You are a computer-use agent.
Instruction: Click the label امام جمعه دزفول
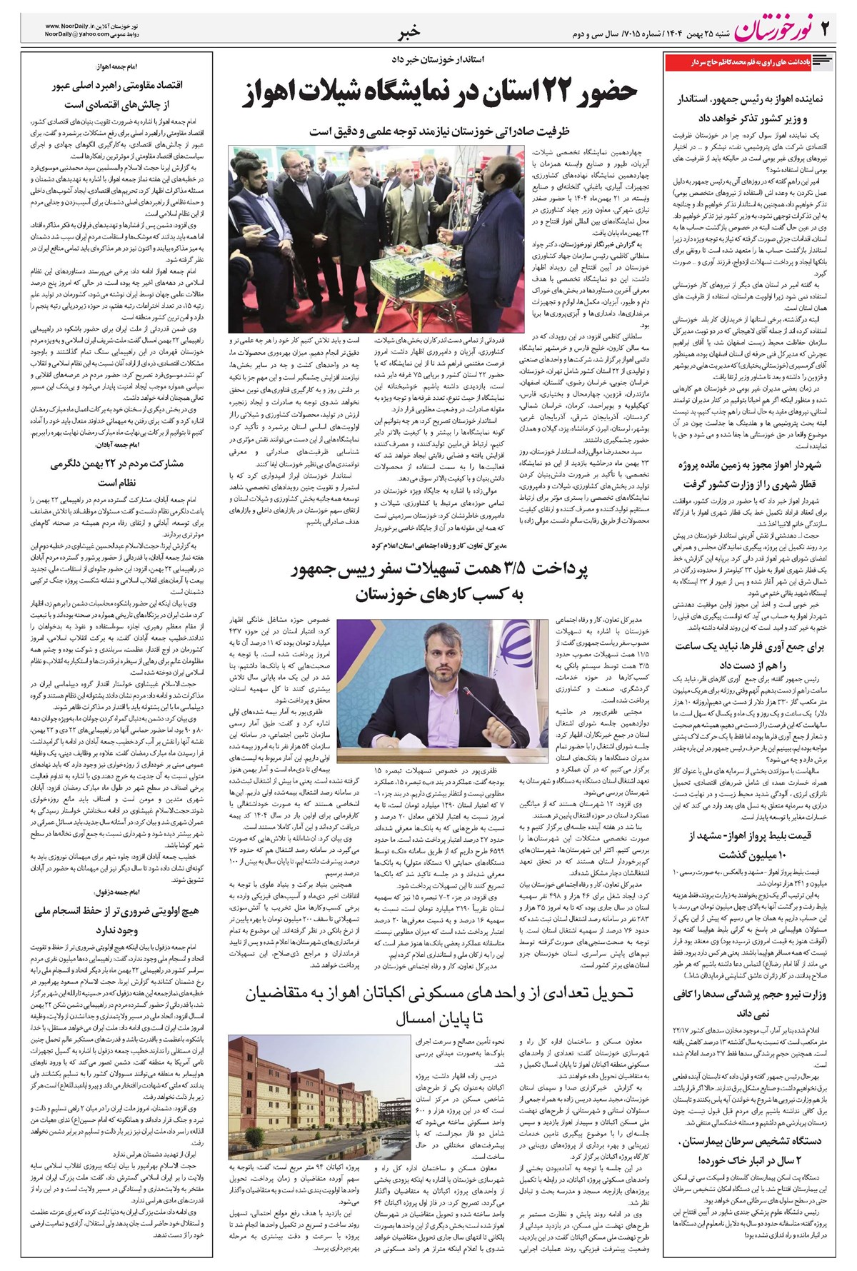point(114,892)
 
